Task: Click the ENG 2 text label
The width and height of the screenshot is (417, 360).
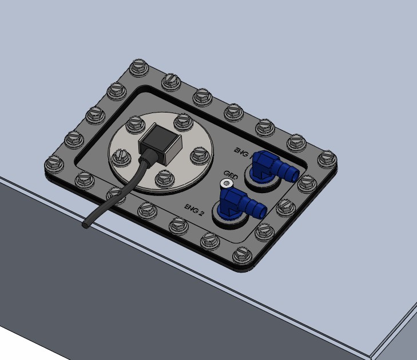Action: tap(194, 209)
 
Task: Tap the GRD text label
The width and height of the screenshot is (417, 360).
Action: tap(231, 174)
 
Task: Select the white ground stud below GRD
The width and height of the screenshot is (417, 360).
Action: tap(228, 183)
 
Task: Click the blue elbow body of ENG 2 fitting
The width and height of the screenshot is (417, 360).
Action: tap(233, 202)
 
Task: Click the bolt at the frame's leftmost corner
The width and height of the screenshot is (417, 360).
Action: tap(54, 165)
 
